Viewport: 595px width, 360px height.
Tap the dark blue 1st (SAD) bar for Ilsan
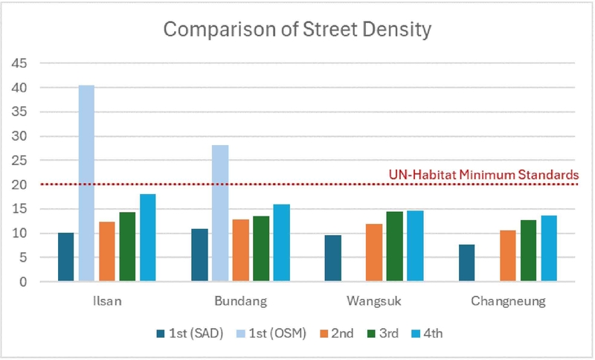(66, 257)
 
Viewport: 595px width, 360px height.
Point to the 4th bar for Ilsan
(148, 238)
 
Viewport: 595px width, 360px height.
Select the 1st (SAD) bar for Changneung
(468, 263)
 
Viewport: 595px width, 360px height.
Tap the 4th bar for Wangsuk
(416, 246)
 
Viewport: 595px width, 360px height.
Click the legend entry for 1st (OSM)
(279, 333)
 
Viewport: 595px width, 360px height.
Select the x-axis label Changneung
(509, 302)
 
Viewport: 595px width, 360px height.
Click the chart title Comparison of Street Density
(297, 30)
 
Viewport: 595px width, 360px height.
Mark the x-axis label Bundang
(241, 302)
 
